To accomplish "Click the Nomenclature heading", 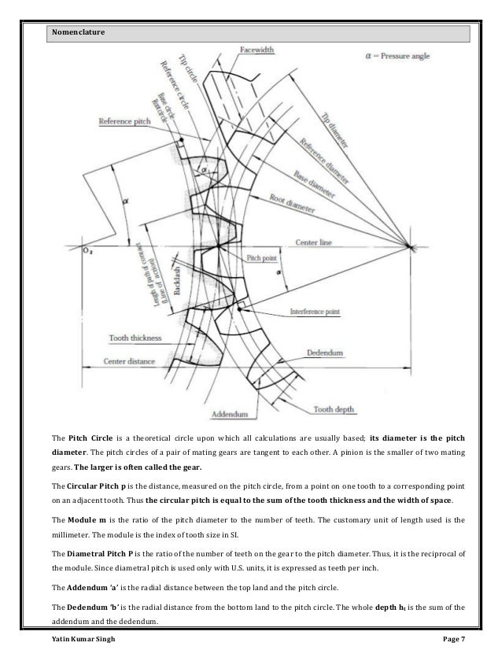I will [x=78, y=33].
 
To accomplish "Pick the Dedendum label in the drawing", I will [x=338, y=355].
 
